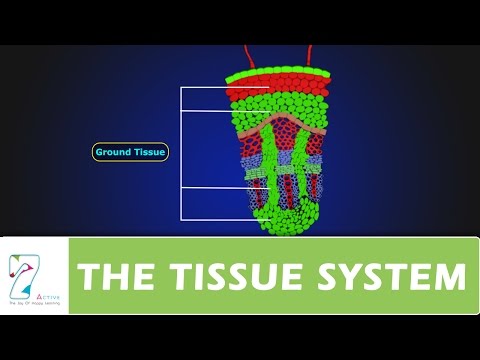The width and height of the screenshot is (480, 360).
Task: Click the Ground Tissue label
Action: point(130,152)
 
